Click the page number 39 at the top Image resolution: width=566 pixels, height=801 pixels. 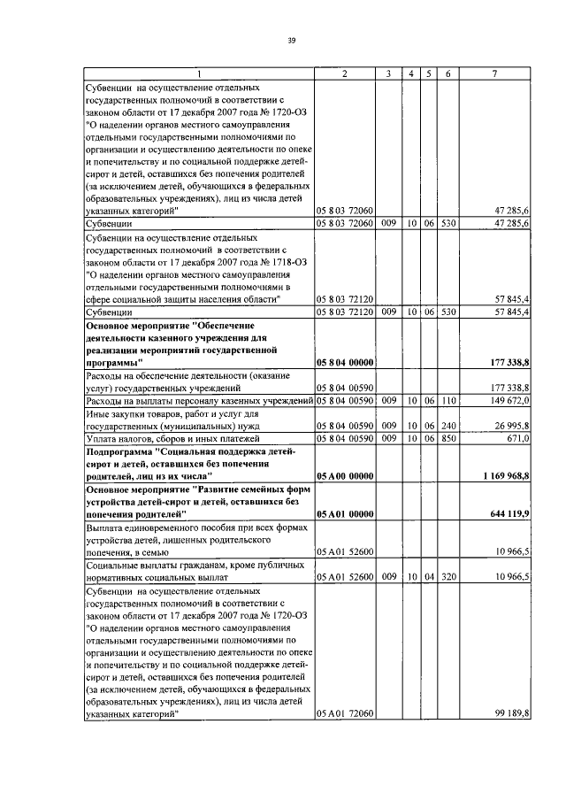point(289,39)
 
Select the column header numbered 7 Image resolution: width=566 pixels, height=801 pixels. point(493,73)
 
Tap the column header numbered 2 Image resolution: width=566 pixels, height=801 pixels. point(344,73)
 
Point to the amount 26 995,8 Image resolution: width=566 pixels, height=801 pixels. point(510,426)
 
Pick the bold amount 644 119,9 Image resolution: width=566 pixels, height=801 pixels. point(509,513)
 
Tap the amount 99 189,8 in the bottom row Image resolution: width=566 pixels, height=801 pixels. point(511,713)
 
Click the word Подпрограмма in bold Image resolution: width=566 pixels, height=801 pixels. point(121,451)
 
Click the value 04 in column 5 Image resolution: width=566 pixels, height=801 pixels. point(428,576)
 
